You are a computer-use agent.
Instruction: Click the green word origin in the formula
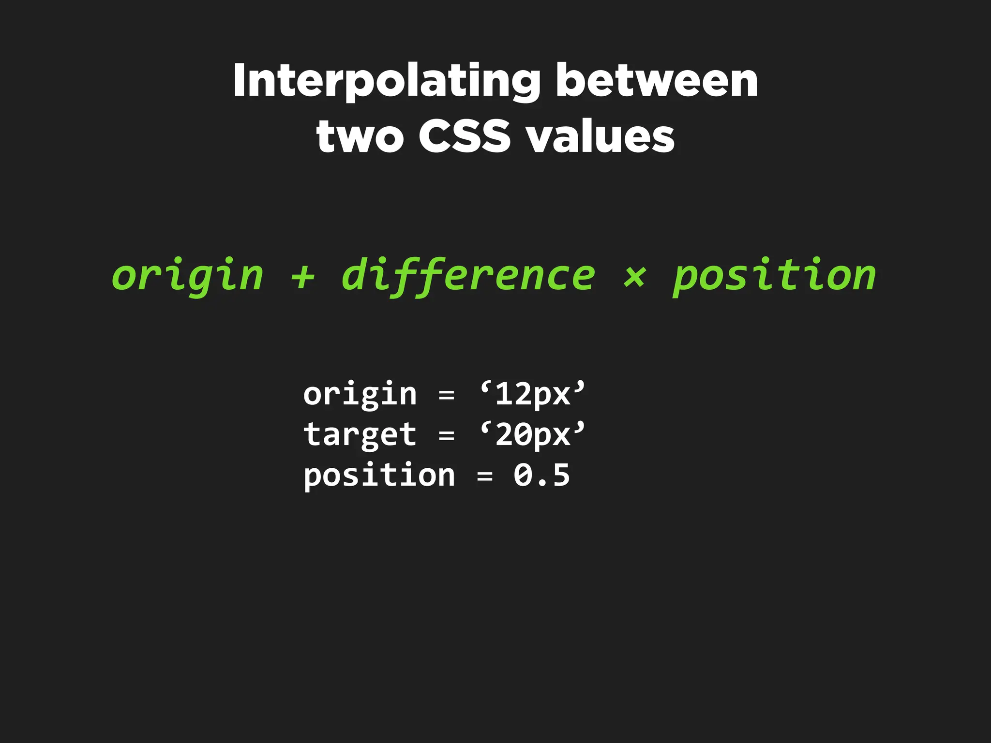point(188,276)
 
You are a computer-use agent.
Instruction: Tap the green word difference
point(468,276)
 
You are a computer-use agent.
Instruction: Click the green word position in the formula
point(775,276)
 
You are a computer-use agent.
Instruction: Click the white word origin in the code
point(360,395)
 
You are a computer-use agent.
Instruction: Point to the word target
point(360,435)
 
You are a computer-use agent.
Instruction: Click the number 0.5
point(541,475)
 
